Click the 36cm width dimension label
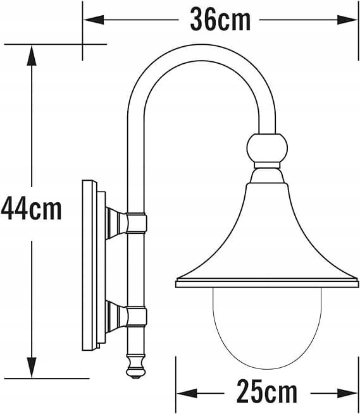[x=220, y=19]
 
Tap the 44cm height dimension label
[x=31, y=209]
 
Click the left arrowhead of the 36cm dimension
[x=94, y=20]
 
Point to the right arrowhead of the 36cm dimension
[x=347, y=20]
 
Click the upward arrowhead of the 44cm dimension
[x=32, y=56]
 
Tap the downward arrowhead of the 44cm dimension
[x=32, y=367]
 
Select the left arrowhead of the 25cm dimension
[x=187, y=393]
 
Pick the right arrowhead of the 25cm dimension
[x=347, y=393]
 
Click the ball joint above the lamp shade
[x=267, y=148]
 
